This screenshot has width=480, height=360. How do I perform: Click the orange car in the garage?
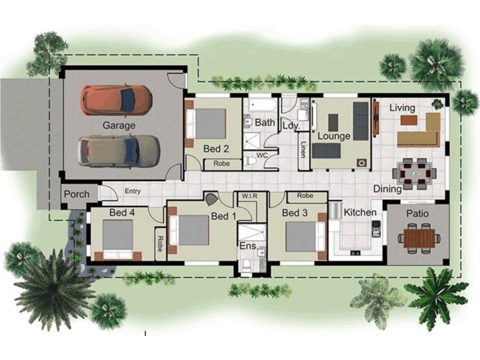pyautogui.click(x=116, y=100)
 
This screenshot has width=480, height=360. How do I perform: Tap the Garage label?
pyautogui.click(x=118, y=125)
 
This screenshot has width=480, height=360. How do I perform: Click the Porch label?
pyautogui.click(x=76, y=194)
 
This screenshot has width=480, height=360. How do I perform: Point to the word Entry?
pyautogui.click(x=133, y=191)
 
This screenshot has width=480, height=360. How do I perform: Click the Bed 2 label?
pyautogui.click(x=216, y=148)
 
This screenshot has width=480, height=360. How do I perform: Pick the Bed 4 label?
pyautogui.click(x=122, y=212)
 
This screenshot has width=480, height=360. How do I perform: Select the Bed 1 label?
pyautogui.click(x=223, y=216)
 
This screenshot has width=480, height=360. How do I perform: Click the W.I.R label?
pyautogui.click(x=249, y=196)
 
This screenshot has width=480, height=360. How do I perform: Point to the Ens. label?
pyautogui.click(x=247, y=246)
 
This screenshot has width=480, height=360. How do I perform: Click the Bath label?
pyautogui.click(x=265, y=122)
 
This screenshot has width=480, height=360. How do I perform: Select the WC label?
pyautogui.click(x=262, y=155)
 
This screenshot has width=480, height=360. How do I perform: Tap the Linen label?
pyautogui.click(x=304, y=149)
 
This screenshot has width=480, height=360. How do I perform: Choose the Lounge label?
pyautogui.click(x=334, y=136)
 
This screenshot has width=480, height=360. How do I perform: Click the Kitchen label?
pyautogui.click(x=360, y=212)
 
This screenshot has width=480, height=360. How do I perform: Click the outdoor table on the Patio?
pyautogui.click(x=416, y=237)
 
